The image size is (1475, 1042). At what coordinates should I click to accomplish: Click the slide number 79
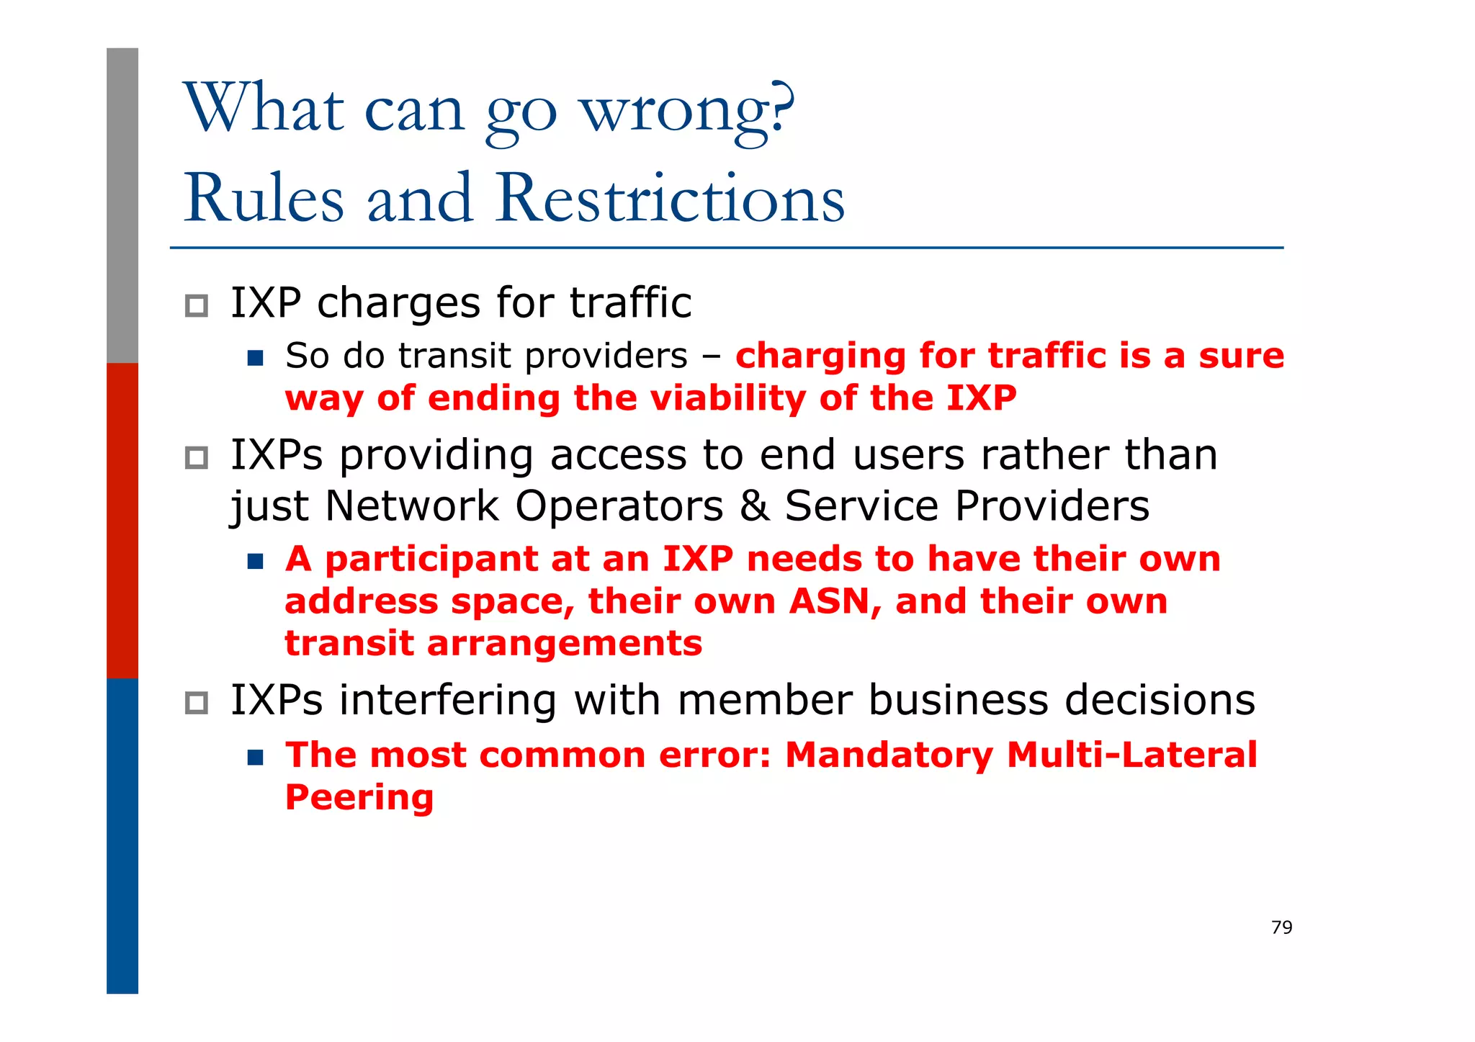click(1281, 927)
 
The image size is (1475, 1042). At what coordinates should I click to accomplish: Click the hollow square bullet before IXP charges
click(196, 305)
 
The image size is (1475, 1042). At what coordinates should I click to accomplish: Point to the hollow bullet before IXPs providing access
click(196, 457)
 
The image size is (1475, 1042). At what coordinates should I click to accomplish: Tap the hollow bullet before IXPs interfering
click(196, 702)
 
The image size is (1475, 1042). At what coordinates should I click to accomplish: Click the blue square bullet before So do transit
click(255, 358)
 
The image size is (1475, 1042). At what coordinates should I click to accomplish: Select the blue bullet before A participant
click(255, 561)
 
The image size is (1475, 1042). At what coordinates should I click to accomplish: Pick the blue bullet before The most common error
click(255, 757)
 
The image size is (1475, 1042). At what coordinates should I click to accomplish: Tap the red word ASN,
click(835, 601)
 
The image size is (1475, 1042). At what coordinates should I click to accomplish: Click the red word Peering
click(359, 797)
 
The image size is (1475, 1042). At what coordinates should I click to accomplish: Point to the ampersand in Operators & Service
click(754, 506)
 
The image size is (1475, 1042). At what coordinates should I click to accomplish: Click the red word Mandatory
click(888, 755)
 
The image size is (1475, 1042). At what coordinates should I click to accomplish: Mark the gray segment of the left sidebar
click(122, 205)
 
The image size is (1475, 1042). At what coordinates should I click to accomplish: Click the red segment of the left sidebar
click(122, 520)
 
